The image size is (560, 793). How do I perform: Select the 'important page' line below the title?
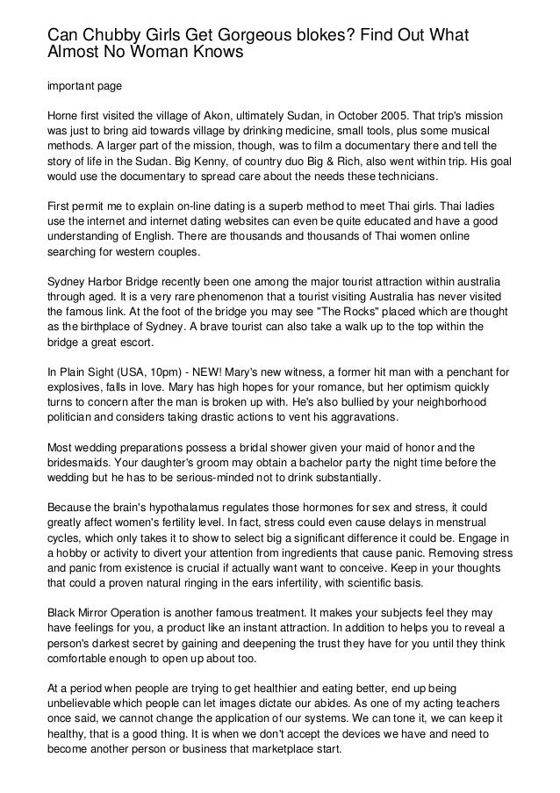(84, 87)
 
